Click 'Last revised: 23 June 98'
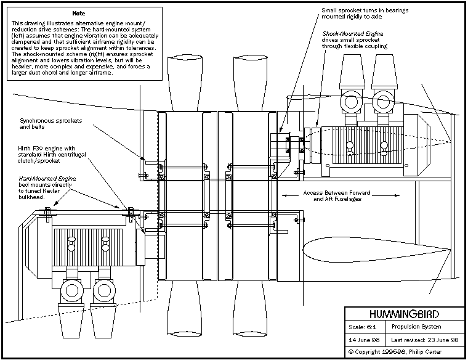(x=425, y=340)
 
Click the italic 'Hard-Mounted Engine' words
(x=47, y=178)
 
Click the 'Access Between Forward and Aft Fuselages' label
(x=336, y=196)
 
